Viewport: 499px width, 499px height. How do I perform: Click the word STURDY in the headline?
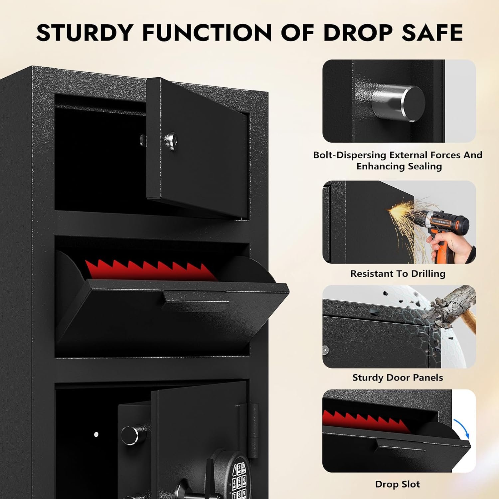coord(84,33)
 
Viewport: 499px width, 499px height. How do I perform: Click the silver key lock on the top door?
coord(171,139)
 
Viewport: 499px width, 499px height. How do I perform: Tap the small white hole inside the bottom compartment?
coord(96,434)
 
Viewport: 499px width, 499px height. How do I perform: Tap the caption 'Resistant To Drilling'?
coord(398,273)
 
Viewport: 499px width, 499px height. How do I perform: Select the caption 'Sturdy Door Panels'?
coord(398,378)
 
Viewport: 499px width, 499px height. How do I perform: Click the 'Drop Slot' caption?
coord(398,484)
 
